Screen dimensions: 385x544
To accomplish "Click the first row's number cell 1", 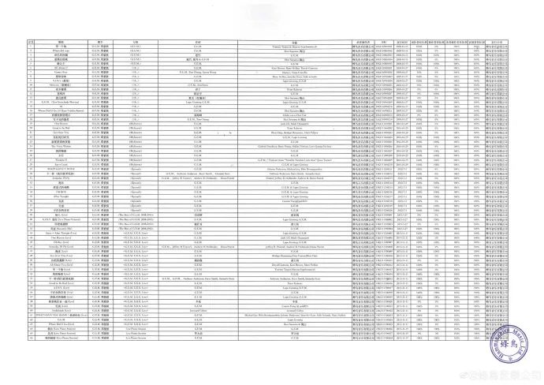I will click(x=31, y=47).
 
